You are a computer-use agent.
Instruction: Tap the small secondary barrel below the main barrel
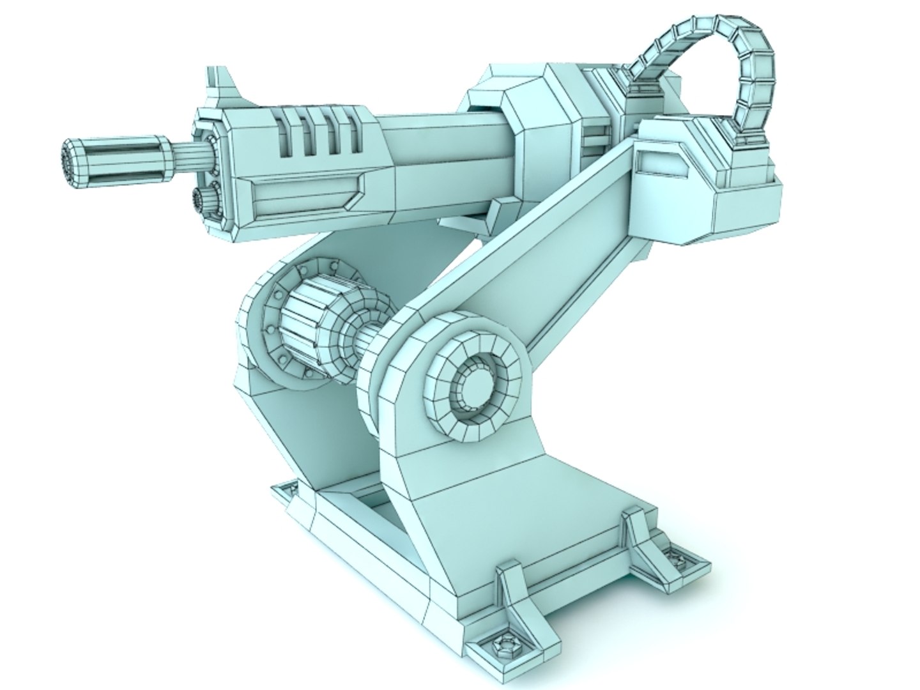203,199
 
